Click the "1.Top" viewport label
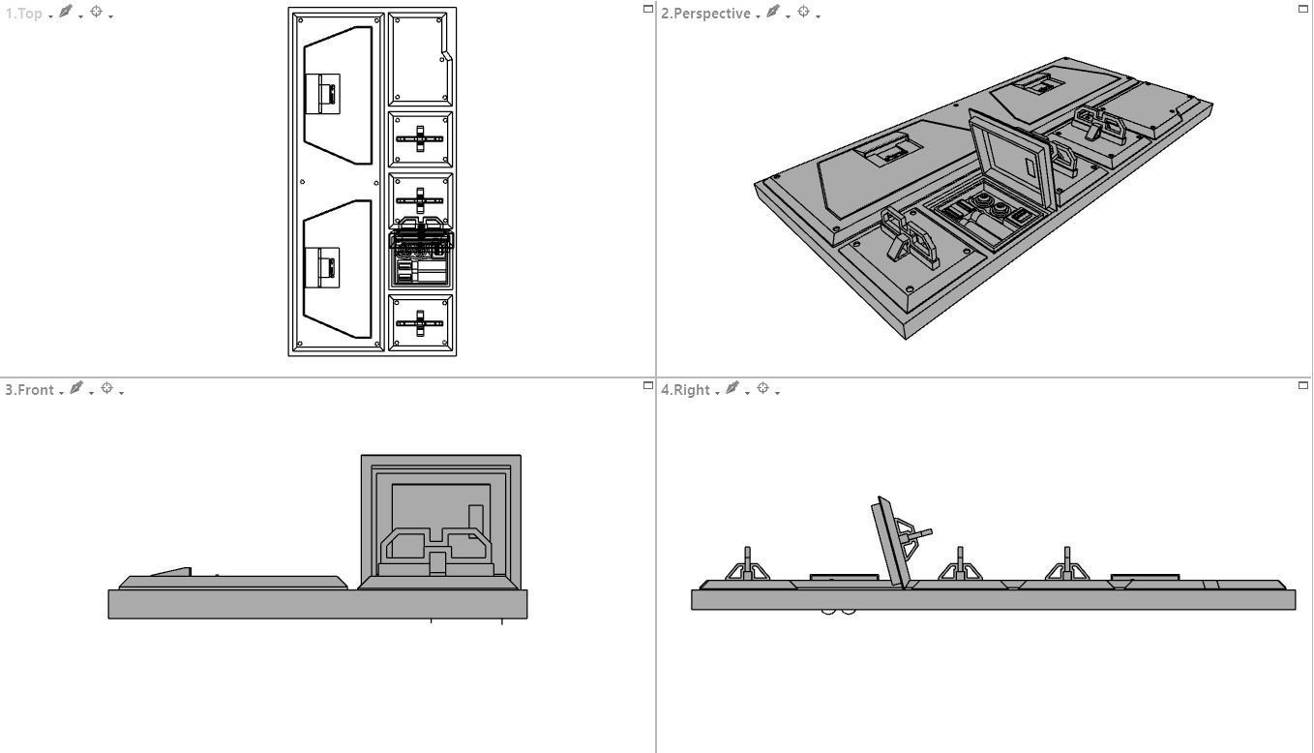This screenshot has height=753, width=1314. [x=24, y=14]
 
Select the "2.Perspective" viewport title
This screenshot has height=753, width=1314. [x=705, y=14]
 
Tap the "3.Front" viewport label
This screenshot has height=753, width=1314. [x=29, y=389]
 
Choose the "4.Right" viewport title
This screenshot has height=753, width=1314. [x=685, y=389]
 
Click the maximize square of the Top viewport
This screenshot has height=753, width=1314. [x=648, y=9]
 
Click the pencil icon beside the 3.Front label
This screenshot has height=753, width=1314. [x=75, y=388]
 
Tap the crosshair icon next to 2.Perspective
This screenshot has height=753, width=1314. [x=803, y=13]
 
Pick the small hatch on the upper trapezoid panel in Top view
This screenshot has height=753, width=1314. [x=322, y=94]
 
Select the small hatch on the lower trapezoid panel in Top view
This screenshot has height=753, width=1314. [x=322, y=267]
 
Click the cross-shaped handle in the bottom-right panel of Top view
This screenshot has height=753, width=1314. [x=420, y=323]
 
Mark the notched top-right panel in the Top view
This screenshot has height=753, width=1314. [x=418, y=58]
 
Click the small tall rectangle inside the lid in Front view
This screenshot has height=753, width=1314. [x=475, y=521]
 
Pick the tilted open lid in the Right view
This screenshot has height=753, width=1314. [x=890, y=542]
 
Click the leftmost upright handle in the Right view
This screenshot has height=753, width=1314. [x=747, y=564]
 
